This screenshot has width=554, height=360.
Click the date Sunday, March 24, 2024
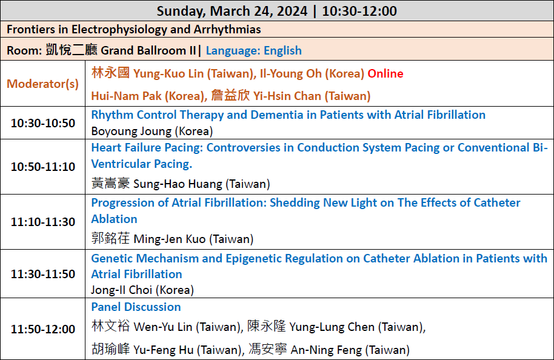point(232,11)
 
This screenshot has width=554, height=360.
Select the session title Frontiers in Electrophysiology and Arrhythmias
point(134,29)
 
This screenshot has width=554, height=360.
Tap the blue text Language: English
point(254,50)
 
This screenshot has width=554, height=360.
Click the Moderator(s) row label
point(43,84)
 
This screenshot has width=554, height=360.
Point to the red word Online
point(385,73)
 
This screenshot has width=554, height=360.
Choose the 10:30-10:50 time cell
point(43,123)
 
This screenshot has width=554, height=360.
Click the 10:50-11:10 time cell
point(43,167)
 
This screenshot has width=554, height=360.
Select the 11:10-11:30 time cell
point(43,222)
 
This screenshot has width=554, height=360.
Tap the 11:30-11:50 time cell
point(43,274)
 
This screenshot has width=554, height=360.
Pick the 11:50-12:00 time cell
point(43,329)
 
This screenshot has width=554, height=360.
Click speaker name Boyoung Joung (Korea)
point(152,132)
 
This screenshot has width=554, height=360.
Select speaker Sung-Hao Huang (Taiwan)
point(201,184)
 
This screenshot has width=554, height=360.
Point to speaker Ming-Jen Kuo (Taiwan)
point(193,239)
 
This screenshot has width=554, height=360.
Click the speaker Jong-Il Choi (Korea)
point(142,290)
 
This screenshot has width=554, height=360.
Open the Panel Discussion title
point(136,307)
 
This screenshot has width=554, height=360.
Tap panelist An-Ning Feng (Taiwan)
point(350,350)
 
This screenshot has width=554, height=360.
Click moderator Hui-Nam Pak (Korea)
point(149,96)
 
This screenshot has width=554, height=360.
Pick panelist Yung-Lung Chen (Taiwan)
point(358,327)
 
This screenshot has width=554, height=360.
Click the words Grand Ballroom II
point(149,50)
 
